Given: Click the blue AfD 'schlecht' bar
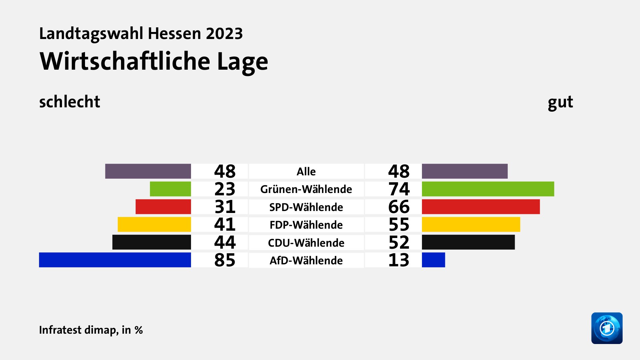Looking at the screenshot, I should coord(115,260).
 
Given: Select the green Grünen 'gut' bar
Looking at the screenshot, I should coord(488,189).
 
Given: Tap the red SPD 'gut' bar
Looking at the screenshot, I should coord(481,207).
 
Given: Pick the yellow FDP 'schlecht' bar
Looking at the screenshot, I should coord(154,224).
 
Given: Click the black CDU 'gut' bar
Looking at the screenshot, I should coord(468,242).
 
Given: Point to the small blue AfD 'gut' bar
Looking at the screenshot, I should coord(433,260).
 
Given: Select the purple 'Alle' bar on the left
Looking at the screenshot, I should coord(148,171).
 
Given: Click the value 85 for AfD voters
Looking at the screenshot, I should coord(225,260).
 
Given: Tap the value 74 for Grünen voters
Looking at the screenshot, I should coord(399,189).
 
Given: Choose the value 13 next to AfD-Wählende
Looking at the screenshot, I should coord(399,260).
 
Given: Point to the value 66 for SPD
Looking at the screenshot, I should coord(399,207).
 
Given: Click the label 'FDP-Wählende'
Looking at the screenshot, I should coord(306,225).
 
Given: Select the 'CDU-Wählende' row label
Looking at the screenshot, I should coord(306,243).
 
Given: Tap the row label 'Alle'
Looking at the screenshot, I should coord(306,172).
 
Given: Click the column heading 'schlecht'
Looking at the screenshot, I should coord(70,102).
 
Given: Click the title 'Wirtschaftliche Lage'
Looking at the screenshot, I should coord(154,62).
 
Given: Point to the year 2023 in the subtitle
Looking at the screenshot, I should coord(224,34).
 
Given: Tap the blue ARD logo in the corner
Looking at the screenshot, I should coord(607,328).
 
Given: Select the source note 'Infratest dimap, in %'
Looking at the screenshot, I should coord(91,330).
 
